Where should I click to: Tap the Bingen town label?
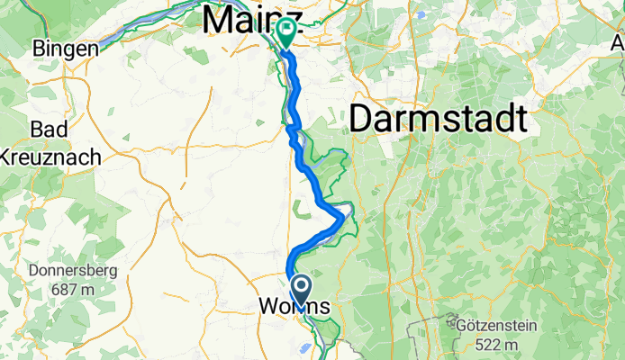[65, 49]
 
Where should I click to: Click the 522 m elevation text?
[493, 345]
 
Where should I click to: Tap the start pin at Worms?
[301, 289]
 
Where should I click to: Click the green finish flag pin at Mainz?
[286, 33]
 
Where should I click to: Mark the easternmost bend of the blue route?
[342, 216]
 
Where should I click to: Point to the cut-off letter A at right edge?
[616, 43]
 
